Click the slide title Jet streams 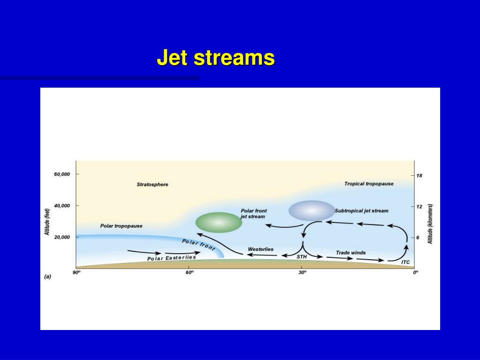216,58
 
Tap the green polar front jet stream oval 218,223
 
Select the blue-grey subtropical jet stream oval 312,210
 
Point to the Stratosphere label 152,185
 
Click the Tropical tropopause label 369,184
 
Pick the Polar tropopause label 121,226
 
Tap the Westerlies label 261,249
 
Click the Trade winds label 351,253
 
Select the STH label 301,257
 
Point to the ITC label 405,262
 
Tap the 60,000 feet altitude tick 62,174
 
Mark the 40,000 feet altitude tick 62,206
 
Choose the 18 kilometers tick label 419,176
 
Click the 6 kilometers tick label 418,238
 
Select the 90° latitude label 76,272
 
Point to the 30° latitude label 302,272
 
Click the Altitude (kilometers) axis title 430,224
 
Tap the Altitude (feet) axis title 47,222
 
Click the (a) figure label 48,277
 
